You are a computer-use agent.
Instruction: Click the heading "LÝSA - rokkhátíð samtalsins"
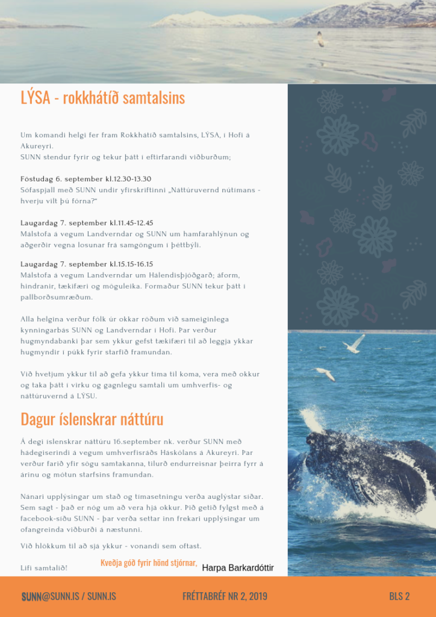click(102, 98)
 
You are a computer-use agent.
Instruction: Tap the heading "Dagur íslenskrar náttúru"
click(92, 419)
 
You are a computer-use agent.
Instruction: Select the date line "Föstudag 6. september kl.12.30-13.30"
click(86, 179)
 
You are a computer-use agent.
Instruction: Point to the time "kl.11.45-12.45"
click(131, 223)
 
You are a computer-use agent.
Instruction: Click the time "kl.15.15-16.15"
click(131, 264)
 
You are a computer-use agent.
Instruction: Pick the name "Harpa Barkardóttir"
click(238, 568)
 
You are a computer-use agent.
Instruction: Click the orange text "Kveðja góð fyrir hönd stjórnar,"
click(149, 563)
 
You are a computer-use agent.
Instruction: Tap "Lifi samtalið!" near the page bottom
click(44, 568)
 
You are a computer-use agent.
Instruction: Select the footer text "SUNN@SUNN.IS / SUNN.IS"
click(69, 597)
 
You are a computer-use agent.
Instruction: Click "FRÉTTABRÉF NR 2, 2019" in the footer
click(225, 597)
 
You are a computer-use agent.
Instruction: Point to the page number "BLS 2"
click(399, 597)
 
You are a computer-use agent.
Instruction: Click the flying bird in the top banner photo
click(320, 40)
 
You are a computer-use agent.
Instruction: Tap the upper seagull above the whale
click(355, 344)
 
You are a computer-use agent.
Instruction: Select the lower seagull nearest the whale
click(326, 374)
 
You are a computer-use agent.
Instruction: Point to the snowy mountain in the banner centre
click(211, 19)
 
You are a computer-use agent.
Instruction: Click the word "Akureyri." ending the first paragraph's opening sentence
click(37, 146)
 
